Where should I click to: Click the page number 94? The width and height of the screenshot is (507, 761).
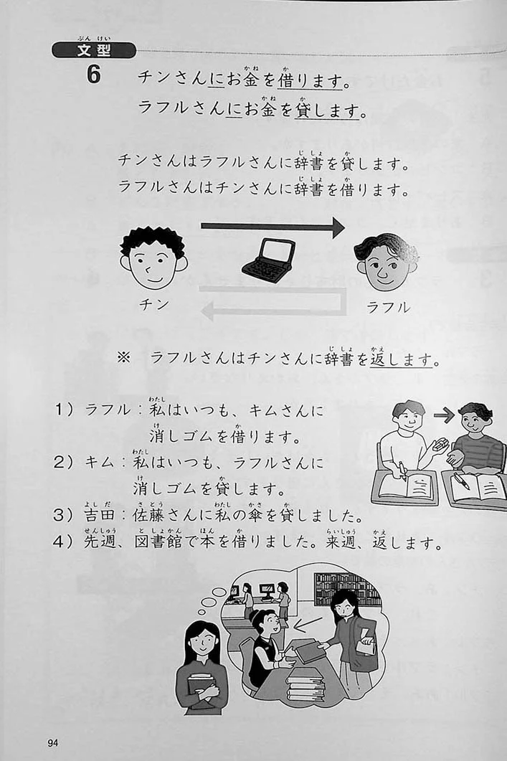(x=53, y=742)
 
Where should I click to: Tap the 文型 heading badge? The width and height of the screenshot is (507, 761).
(x=94, y=50)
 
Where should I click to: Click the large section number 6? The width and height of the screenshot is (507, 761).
(x=94, y=75)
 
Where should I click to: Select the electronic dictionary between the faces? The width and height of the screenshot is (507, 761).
(x=269, y=260)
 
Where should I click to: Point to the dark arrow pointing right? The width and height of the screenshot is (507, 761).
(x=273, y=226)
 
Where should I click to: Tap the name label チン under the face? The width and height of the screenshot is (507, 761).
(x=153, y=305)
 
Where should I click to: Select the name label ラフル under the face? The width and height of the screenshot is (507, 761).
(x=388, y=307)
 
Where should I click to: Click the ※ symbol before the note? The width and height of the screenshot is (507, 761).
(x=124, y=358)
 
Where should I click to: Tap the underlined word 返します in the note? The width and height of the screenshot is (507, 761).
(x=402, y=359)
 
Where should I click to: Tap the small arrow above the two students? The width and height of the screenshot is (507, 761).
(x=444, y=415)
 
